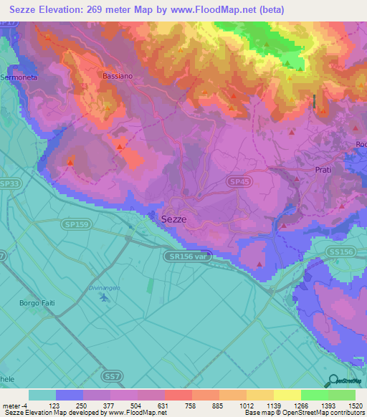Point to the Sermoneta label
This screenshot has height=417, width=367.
pyautogui.click(x=17, y=76)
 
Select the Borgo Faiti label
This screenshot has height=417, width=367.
pyautogui.click(x=37, y=303)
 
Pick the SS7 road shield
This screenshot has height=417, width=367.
pyautogui.click(x=111, y=375)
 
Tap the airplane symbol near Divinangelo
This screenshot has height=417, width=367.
pyautogui.click(x=105, y=297)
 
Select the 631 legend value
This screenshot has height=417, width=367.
pyautogui.click(x=164, y=405)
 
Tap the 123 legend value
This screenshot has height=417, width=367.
pyautogui.click(x=56, y=405)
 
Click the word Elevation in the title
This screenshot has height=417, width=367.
pyautogui.click(x=73, y=10)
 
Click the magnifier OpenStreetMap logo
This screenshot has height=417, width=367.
pyautogui.click(x=331, y=381)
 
